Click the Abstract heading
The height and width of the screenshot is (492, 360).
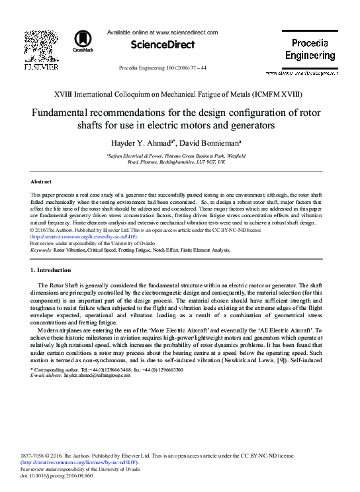(x=42, y=181)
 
